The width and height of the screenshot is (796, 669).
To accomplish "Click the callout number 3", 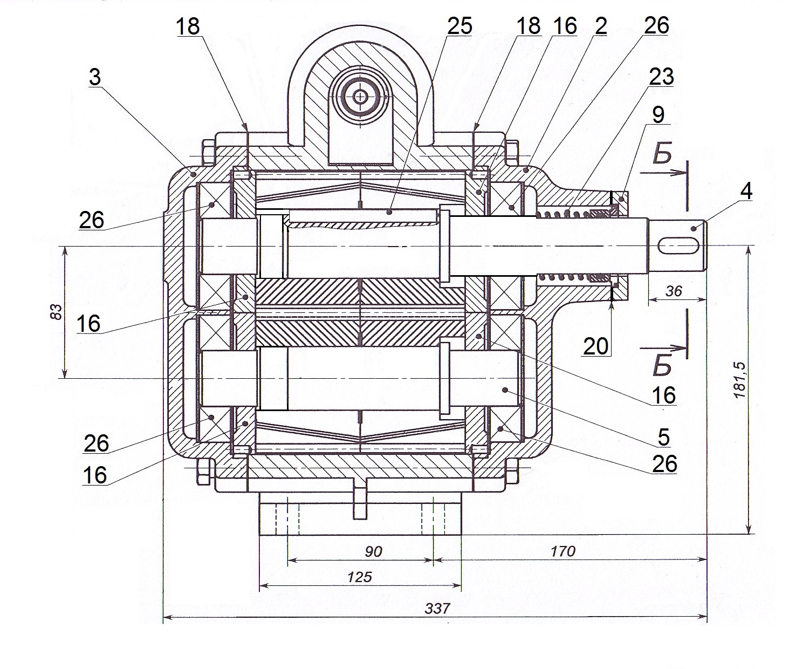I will (95, 77).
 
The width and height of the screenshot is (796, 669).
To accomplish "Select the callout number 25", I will (459, 25).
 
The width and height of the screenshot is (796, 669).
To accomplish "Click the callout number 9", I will (658, 114).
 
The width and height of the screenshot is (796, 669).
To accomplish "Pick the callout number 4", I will (746, 190).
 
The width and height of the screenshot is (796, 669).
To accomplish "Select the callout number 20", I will (596, 346).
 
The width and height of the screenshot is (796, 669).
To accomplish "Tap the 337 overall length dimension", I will (437, 608).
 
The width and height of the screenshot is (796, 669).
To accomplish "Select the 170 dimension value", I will (563, 551).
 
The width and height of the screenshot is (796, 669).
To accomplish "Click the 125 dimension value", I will (360, 577).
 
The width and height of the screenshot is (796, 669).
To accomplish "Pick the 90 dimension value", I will (373, 551).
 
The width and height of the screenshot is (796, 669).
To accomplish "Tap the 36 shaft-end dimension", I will (674, 291).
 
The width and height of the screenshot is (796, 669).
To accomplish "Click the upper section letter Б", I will (662, 155).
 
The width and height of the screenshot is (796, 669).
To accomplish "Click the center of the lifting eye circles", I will (360, 97).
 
